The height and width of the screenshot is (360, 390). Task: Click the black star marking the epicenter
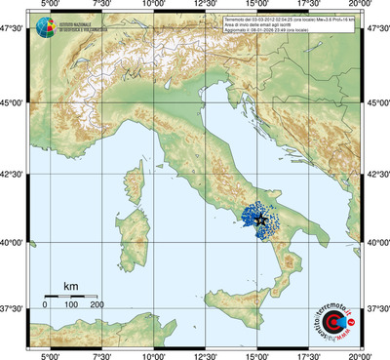tap(261, 220)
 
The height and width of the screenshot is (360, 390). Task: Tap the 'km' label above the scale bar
tap(70, 286)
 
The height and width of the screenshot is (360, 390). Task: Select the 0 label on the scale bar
tap(45, 305)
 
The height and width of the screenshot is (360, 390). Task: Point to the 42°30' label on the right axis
tap(377, 175)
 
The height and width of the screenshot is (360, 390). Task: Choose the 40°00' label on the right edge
tap(377, 242)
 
